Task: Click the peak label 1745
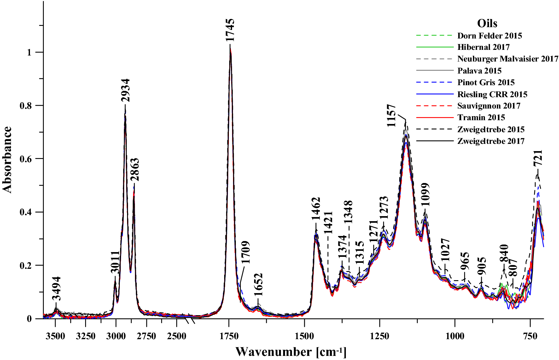pyautogui.click(x=230, y=30)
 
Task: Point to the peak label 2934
pyautogui.click(x=125, y=90)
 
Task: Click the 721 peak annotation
pyautogui.click(x=538, y=158)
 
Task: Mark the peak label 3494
pyautogui.click(x=56, y=288)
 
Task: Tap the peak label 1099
pyautogui.click(x=425, y=194)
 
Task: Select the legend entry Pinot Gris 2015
pyautogui.click(x=486, y=82)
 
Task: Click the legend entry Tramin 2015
pyautogui.click(x=481, y=117)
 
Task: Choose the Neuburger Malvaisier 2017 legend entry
pyautogui.click(x=508, y=59)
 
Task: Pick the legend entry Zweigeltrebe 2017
pyautogui.click(x=491, y=141)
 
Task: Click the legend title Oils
pyautogui.click(x=487, y=23)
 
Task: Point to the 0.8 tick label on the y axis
pyautogui.click(x=26, y=105)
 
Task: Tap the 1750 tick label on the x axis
pyautogui.click(x=229, y=336)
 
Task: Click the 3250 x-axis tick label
pyautogui.click(x=86, y=336)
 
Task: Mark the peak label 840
pyautogui.click(x=504, y=254)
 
